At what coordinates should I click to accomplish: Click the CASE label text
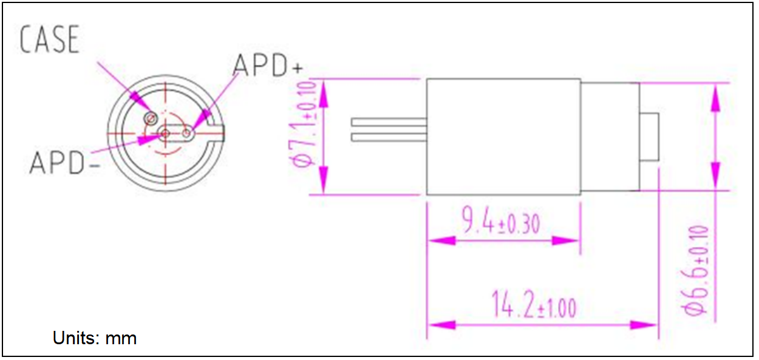click(x=50, y=40)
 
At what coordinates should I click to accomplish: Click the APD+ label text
click(x=267, y=66)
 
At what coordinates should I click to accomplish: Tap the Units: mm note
click(x=94, y=338)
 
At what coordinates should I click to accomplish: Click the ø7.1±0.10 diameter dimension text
click(x=303, y=124)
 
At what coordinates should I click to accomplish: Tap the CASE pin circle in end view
click(x=149, y=117)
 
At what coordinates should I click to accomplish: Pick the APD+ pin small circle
click(x=188, y=133)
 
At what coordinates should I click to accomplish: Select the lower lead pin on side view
click(x=389, y=138)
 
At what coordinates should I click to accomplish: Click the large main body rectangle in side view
click(x=503, y=137)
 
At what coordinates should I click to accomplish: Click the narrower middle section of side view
click(x=610, y=137)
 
